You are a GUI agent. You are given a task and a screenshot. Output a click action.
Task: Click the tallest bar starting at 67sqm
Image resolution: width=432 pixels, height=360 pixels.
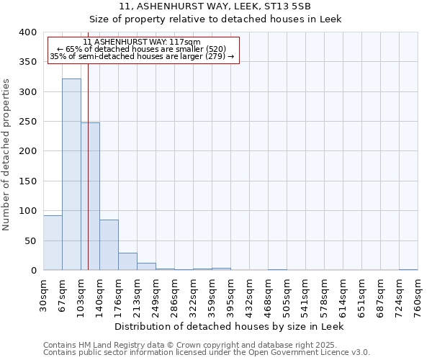click(71, 174)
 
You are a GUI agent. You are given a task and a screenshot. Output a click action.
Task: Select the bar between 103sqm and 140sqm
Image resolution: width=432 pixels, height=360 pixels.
click(90, 196)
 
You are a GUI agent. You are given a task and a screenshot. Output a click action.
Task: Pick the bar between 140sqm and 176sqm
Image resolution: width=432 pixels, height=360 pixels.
click(109, 245)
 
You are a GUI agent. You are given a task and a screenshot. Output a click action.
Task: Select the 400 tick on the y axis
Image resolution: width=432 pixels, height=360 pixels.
click(28, 32)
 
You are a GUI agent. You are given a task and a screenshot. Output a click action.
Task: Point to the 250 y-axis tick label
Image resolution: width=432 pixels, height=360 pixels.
click(28, 122)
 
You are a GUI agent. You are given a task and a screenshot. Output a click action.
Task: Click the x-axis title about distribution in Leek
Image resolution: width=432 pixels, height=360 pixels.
click(230, 326)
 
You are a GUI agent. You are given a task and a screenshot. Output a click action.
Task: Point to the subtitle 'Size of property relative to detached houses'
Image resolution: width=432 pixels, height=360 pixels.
click(230, 20)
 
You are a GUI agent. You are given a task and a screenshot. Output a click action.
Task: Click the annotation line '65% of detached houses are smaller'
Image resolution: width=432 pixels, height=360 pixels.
click(142, 49)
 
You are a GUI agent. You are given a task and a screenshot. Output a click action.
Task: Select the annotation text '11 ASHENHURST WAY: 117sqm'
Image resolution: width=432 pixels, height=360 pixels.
click(142, 42)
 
